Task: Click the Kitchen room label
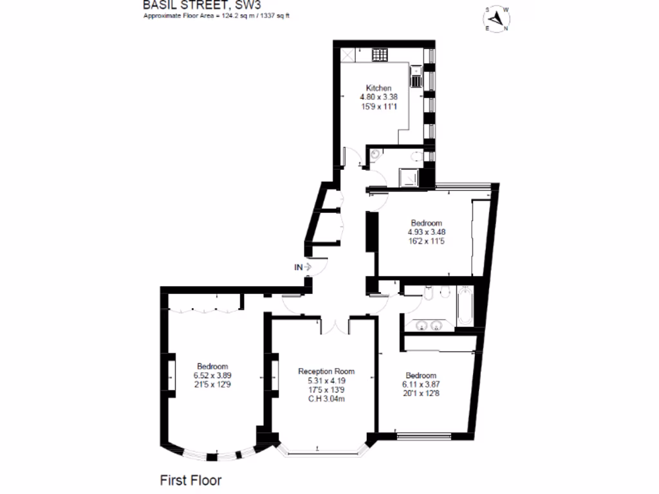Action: pos(378,88)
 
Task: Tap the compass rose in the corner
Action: pos(497,19)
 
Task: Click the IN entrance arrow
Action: pos(302,266)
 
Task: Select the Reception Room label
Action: pos(326,371)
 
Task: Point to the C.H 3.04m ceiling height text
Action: pos(326,399)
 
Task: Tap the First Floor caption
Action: pos(190,480)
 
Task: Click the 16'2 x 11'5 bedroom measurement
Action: pos(427,241)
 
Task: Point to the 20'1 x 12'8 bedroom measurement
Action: pos(422,394)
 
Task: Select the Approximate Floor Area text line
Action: pos(216,15)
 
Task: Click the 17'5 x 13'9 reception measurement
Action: pos(326,389)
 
